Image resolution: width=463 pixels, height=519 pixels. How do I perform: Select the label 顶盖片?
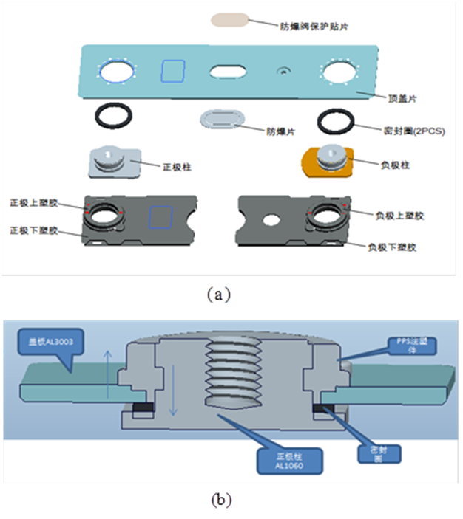[x=405, y=97]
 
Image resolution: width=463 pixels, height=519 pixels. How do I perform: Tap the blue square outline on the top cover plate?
[x=174, y=72]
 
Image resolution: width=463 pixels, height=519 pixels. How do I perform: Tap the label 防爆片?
[x=281, y=131]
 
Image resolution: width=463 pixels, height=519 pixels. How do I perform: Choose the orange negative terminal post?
[x=328, y=160]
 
